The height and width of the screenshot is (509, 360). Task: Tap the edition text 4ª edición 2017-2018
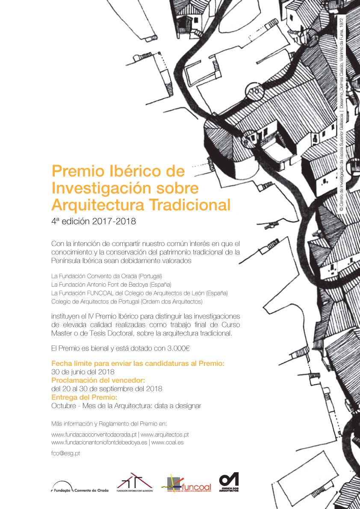click(93, 221)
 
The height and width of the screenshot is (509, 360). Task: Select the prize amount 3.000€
click(177, 348)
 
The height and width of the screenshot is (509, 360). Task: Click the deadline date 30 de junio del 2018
click(83, 371)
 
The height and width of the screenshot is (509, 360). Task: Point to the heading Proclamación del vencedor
click(98, 380)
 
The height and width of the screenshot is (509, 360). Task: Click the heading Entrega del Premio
click(84, 397)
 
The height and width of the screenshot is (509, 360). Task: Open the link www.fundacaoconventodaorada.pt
click(94, 435)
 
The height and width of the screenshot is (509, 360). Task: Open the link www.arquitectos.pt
click(165, 435)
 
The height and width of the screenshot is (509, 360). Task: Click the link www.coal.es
click(167, 443)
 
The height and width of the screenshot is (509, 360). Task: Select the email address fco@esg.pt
click(65, 453)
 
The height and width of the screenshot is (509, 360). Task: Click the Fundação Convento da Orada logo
click(80, 487)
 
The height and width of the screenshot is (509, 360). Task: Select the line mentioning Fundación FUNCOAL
click(139, 293)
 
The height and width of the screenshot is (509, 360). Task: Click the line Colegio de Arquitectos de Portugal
click(127, 302)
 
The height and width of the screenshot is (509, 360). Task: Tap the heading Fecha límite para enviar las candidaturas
click(138, 363)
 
